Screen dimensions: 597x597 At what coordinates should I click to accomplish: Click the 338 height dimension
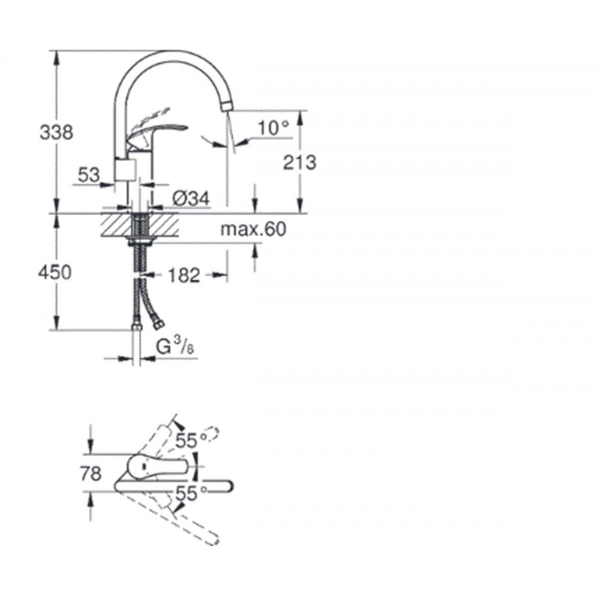click(x=56, y=133)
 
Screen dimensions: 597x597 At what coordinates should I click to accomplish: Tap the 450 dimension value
click(x=55, y=273)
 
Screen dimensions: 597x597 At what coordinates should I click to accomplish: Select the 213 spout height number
click(x=300, y=162)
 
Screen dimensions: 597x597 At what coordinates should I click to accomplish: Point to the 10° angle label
click(x=274, y=128)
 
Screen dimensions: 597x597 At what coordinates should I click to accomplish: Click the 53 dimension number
click(x=89, y=175)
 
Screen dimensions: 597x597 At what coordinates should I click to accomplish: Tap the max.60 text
click(x=253, y=230)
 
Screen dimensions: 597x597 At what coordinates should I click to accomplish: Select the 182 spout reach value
click(x=184, y=275)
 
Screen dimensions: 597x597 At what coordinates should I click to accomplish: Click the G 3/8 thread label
click(x=175, y=346)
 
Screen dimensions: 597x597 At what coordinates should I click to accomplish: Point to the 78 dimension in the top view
click(x=91, y=474)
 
